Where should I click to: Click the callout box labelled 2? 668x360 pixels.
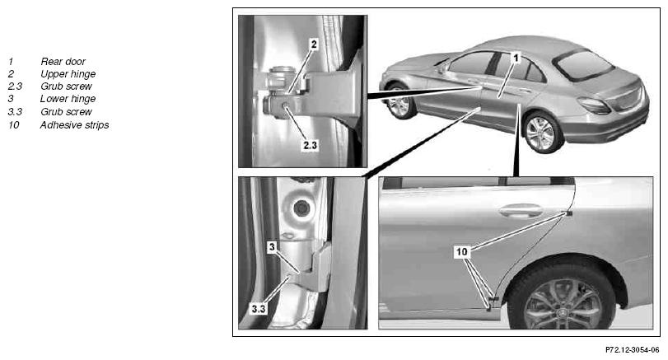click(314, 44)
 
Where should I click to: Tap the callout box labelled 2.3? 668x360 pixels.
click(311, 145)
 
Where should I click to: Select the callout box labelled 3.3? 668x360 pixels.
click(259, 309)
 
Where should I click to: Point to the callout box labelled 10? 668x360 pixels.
click(462, 252)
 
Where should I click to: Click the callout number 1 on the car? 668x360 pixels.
click(516, 58)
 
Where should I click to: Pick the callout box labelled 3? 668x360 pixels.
click(273, 246)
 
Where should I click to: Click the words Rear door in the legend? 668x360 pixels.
click(63, 61)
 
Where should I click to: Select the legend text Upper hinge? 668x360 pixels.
click(68, 74)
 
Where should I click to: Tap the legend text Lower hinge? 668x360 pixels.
click(68, 99)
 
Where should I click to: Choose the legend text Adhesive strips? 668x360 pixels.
click(75, 125)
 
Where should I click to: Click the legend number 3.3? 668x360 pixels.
click(15, 111)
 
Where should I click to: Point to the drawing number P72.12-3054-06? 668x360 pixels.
click(633, 350)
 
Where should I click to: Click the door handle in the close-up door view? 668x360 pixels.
click(521, 210)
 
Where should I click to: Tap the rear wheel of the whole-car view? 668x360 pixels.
click(542, 133)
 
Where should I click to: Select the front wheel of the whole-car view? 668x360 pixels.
click(399, 102)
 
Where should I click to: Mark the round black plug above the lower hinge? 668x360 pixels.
click(301, 208)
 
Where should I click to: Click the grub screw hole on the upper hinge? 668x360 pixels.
click(285, 105)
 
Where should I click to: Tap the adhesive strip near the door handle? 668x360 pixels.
click(569, 213)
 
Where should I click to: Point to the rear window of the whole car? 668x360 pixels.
click(585, 65)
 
